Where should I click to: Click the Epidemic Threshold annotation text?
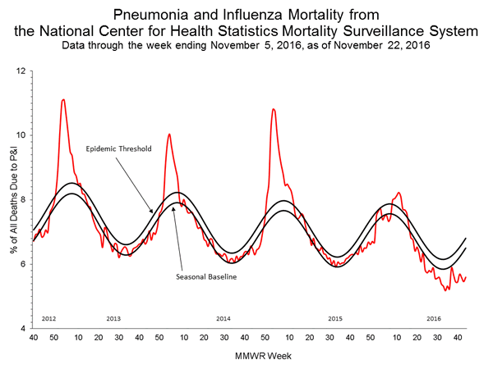pyautogui.click(x=113, y=152)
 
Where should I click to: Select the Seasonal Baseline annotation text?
pyautogui.click(x=206, y=277)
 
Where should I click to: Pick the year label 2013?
pyautogui.click(x=113, y=317)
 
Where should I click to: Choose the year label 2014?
pyautogui.click(x=223, y=317)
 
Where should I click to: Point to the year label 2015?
pyautogui.click(x=334, y=317)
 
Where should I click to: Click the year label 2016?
pyautogui.click(x=435, y=317)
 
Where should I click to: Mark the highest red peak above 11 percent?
pyautogui.click(x=63, y=100)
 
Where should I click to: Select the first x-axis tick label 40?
pyautogui.click(x=33, y=338)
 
